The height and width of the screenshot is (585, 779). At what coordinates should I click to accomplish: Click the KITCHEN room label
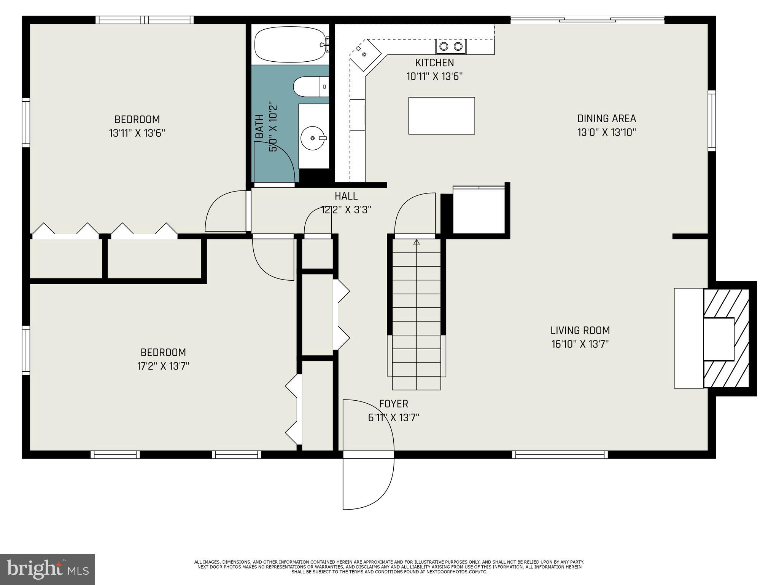pos(434,63)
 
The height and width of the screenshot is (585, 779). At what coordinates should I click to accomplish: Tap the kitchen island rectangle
pos(441,116)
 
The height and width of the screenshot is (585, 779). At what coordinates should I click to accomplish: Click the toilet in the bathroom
pos(310,86)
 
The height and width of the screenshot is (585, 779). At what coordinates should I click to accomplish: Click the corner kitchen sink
pos(364,54)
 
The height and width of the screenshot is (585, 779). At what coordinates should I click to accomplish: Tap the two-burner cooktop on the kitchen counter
pos(451,46)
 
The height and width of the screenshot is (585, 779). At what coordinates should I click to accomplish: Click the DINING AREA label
pos(606,119)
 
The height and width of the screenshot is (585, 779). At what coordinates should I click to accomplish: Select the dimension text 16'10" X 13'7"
pos(580,344)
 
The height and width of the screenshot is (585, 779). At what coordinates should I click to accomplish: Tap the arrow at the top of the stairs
pos(417,242)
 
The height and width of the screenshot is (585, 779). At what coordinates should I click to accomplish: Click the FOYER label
pos(393,404)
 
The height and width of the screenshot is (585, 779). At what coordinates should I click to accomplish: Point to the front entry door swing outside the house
pos(367,484)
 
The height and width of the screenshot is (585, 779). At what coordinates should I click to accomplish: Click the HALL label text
pos(346,196)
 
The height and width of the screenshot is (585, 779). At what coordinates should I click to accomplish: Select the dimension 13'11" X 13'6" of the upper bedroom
pos(137,133)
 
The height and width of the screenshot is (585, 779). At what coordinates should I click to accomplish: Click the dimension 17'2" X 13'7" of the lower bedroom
pos(163,366)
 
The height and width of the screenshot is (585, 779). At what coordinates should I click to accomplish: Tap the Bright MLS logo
pos(48,569)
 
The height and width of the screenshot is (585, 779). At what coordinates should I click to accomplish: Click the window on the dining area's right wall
pos(712,121)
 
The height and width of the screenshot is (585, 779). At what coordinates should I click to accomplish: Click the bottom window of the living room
pos(560,454)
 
